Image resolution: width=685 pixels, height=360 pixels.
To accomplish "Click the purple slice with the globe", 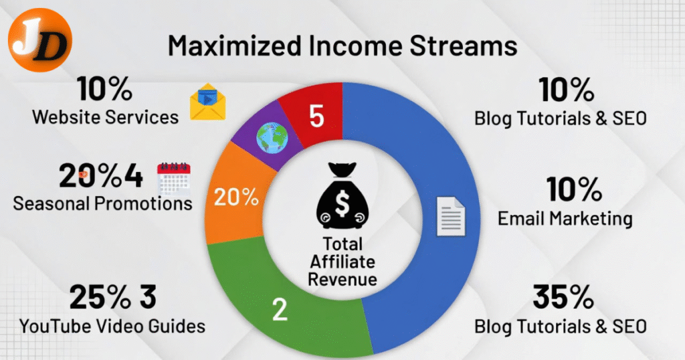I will (x=268, y=141).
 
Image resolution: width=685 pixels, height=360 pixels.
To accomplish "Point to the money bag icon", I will (x=342, y=197).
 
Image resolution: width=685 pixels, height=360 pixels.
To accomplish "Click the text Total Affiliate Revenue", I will (x=342, y=261).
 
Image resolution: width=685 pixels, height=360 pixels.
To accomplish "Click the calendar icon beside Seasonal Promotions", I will (x=173, y=179).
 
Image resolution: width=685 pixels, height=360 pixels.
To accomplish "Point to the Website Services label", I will (x=106, y=117).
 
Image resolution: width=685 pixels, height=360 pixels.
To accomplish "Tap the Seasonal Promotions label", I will (x=102, y=202).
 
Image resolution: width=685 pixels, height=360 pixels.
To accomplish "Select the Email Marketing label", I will (x=565, y=218).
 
